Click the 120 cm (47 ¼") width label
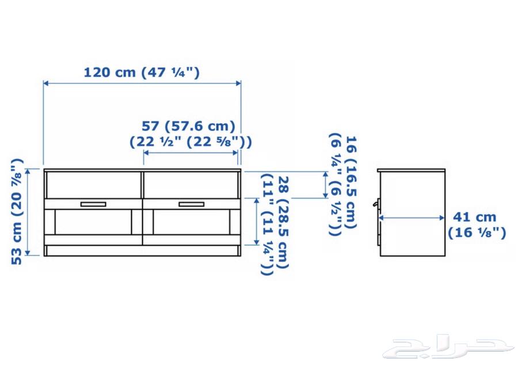(x=142, y=73)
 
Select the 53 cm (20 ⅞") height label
(x=17, y=212)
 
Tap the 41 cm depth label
(x=474, y=217)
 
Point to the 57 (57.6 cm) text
(x=188, y=126)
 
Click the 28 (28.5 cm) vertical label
(x=283, y=222)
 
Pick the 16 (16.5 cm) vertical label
(x=351, y=182)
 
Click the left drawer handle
(x=93, y=204)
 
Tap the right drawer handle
(x=191, y=204)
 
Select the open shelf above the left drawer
(x=93, y=185)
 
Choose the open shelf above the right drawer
(x=191, y=185)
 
